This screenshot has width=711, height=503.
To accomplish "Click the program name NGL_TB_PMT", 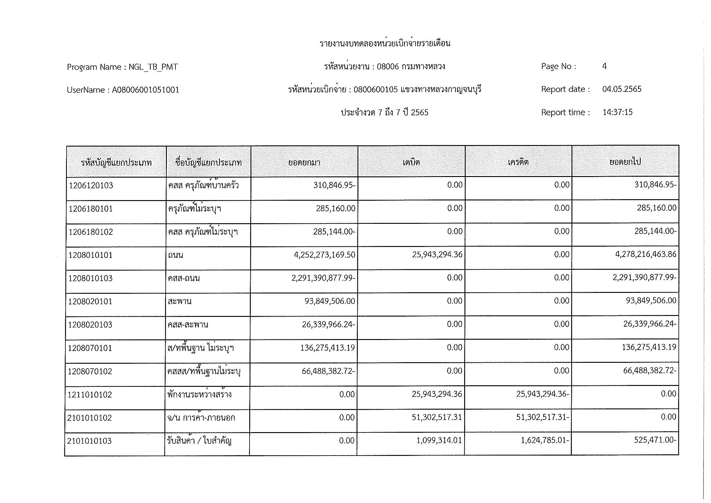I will [x=153, y=67].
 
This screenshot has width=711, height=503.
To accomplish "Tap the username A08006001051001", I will [x=146, y=90].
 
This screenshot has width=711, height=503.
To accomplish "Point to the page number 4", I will [x=604, y=66].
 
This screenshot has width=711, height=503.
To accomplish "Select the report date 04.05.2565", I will [x=622, y=89].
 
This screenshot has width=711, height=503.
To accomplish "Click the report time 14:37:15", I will [x=617, y=112].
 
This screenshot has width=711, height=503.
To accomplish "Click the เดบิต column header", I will [x=411, y=162].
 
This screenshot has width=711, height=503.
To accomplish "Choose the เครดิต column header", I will [x=518, y=162].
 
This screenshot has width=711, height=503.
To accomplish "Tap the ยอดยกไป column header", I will [x=625, y=162].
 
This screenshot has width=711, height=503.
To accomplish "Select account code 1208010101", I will [x=90, y=255].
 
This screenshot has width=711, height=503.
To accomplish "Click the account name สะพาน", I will [x=180, y=301].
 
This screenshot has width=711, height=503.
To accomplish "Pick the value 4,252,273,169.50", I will [x=325, y=255].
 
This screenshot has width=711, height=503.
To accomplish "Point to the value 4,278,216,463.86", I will [x=646, y=254].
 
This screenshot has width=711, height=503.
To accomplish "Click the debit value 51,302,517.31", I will [x=437, y=417].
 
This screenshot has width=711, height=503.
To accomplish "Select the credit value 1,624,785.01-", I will [x=545, y=440].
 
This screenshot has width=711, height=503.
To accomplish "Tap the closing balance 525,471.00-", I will [x=655, y=440].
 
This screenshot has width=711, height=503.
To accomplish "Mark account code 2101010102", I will [x=89, y=418].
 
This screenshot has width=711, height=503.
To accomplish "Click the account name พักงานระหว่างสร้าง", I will [x=199, y=394].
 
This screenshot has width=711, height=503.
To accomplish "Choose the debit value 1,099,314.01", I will [x=439, y=440].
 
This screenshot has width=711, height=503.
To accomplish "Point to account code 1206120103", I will [x=91, y=185].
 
